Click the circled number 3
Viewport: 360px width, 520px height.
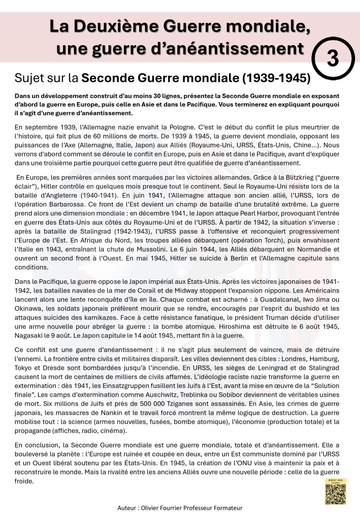[333, 58]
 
